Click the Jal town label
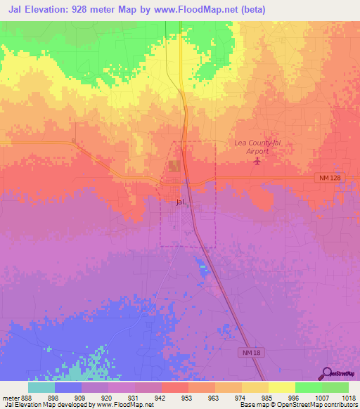(181, 202)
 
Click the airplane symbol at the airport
(257, 162)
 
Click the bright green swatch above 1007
(308, 387)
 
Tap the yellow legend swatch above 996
(281, 387)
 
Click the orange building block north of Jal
(173, 166)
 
